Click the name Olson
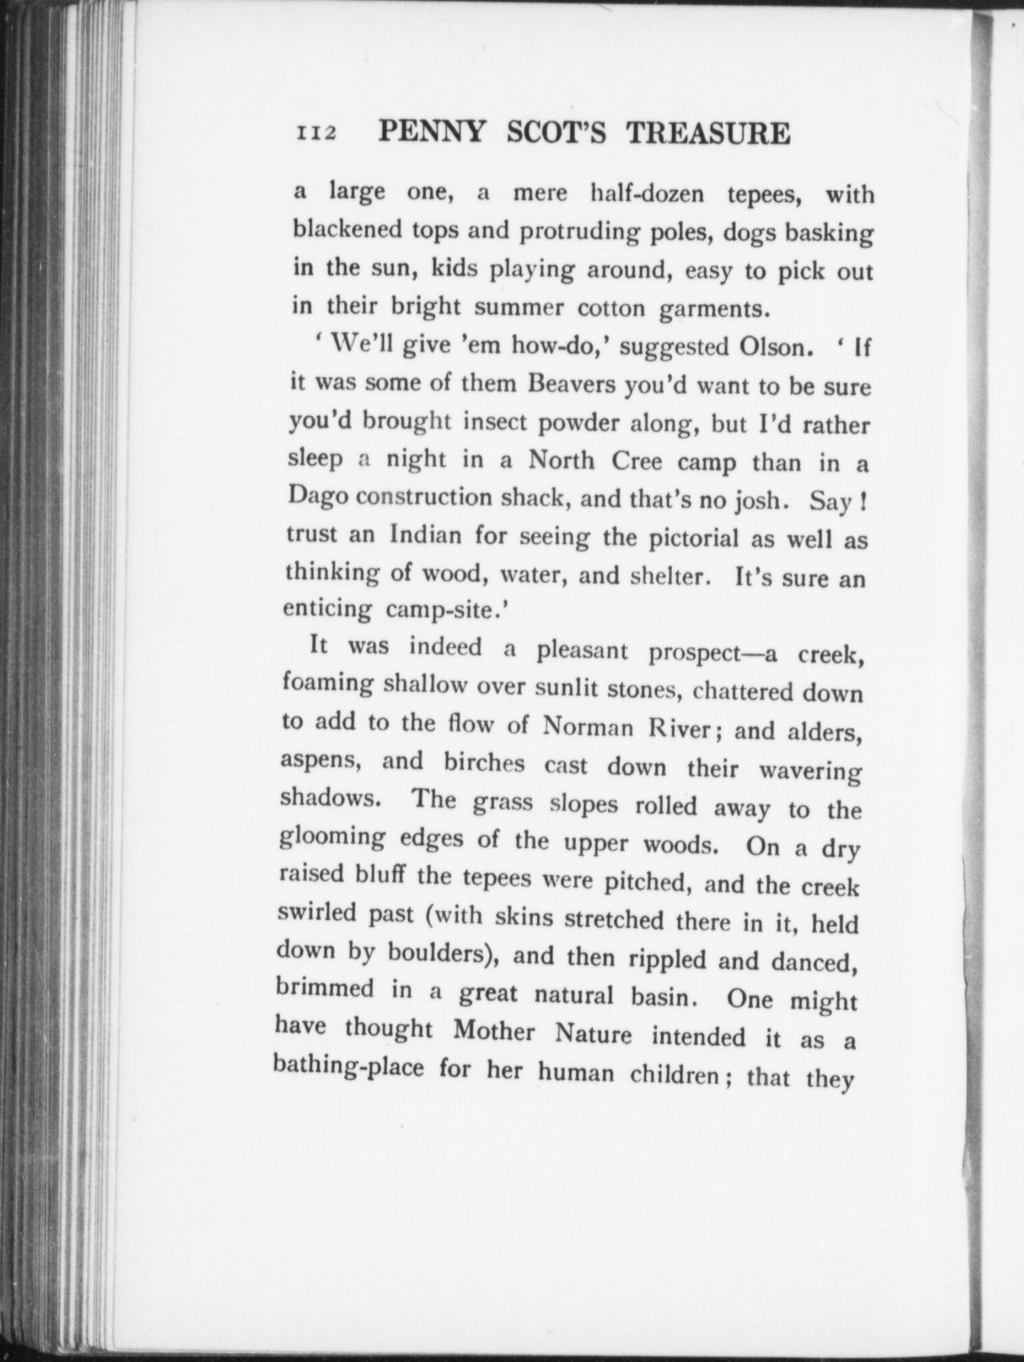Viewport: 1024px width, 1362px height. click(767, 348)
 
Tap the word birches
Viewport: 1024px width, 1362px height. click(484, 763)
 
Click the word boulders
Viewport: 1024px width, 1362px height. click(441, 953)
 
